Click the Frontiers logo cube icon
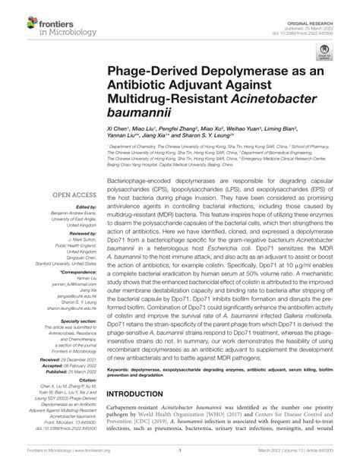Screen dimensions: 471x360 pyautogui.click(x=14, y=14)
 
